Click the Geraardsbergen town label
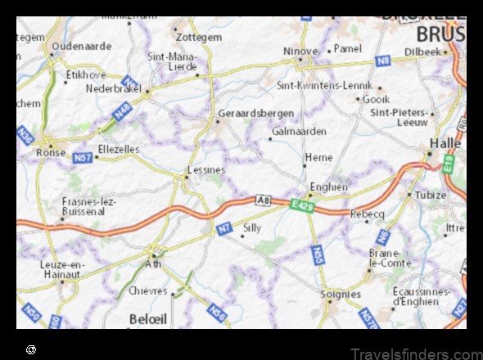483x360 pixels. coord(255,113)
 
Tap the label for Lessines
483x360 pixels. coord(206,170)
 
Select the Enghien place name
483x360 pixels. coord(328,187)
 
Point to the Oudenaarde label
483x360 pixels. coord(81,47)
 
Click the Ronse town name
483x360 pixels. coord(50,151)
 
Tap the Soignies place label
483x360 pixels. coord(341,294)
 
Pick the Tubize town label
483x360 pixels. coord(431,195)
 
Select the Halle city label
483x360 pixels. coord(442,142)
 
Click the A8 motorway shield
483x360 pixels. coord(263,199)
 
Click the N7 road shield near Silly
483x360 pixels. coord(223,230)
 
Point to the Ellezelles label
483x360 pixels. coord(120,150)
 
